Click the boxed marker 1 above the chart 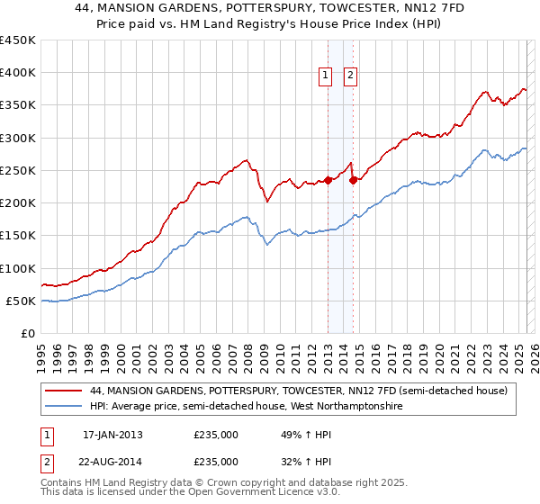(x=324, y=76)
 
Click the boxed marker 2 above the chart (x=350, y=76)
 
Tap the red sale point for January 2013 (x=328, y=180)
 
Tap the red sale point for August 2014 (x=354, y=180)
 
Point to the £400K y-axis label (x=18, y=73)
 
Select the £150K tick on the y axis (x=18, y=236)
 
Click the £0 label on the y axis (x=28, y=334)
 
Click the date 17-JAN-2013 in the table (x=112, y=435)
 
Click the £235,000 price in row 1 (x=216, y=435)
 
